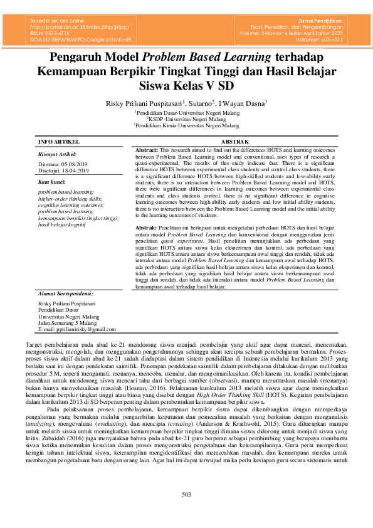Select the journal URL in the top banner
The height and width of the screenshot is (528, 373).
[x=81, y=28]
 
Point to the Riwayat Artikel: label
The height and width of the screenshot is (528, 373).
[x=57, y=154]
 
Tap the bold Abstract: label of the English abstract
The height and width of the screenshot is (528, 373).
[x=147, y=151]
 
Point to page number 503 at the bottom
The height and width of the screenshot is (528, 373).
[x=186, y=513]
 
